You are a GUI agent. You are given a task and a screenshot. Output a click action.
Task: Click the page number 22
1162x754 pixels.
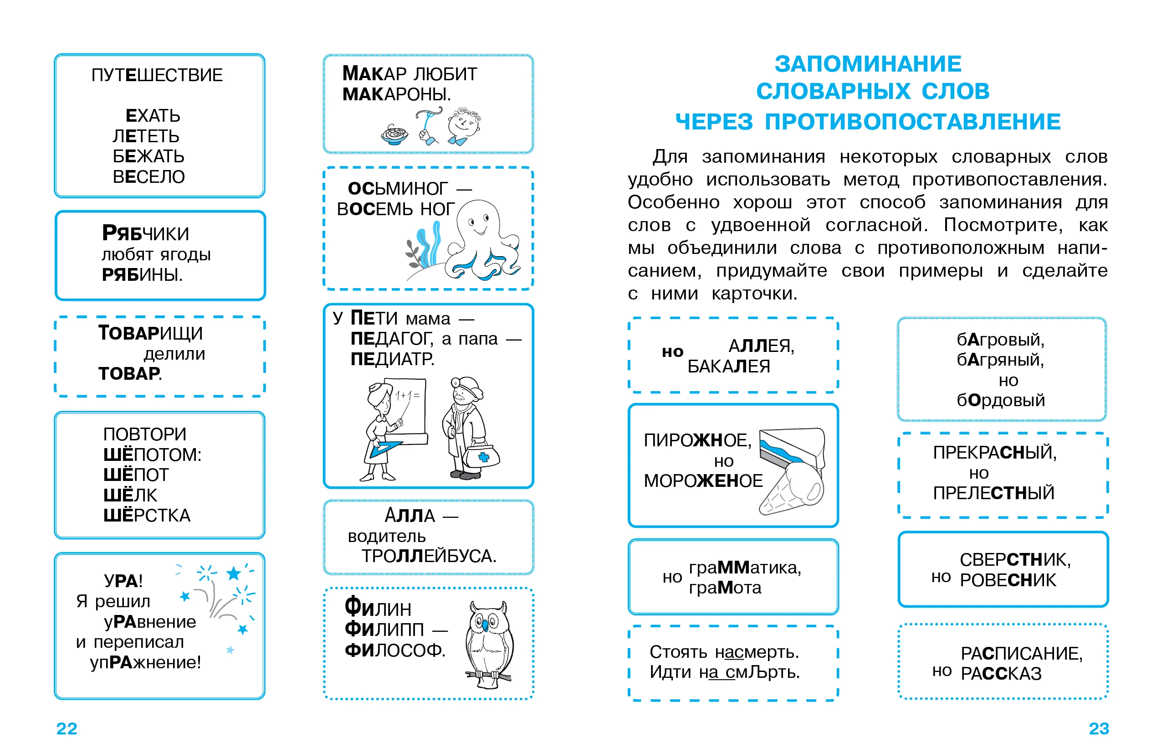click(x=67, y=728)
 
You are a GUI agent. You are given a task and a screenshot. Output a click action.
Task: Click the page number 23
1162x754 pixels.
click(x=1099, y=728)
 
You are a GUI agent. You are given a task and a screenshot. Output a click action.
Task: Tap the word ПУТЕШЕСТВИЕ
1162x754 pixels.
click(x=157, y=75)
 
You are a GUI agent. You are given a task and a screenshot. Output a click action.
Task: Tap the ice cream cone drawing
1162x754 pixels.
click(x=791, y=489)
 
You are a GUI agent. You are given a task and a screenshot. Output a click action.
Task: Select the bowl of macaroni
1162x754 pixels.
click(x=394, y=134)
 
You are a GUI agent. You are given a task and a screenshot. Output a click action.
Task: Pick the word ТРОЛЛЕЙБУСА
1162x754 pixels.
click(x=429, y=556)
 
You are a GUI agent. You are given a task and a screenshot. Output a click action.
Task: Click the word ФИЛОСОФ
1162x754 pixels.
click(x=394, y=651)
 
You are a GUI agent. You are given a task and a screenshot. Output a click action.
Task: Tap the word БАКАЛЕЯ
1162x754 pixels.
click(x=728, y=367)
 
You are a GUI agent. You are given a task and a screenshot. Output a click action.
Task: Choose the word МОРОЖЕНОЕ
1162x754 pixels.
click(x=703, y=481)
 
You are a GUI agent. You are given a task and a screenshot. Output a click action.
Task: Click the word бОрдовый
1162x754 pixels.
click(x=1001, y=400)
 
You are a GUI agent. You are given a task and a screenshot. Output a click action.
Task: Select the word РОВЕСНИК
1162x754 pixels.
click(x=1008, y=580)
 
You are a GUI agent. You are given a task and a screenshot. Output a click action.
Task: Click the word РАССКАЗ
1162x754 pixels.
click(x=1001, y=674)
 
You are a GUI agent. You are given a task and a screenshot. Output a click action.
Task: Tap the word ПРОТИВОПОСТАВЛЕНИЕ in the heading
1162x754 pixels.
click(x=912, y=122)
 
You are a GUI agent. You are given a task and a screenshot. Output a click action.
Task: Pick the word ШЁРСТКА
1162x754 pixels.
click(x=147, y=516)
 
